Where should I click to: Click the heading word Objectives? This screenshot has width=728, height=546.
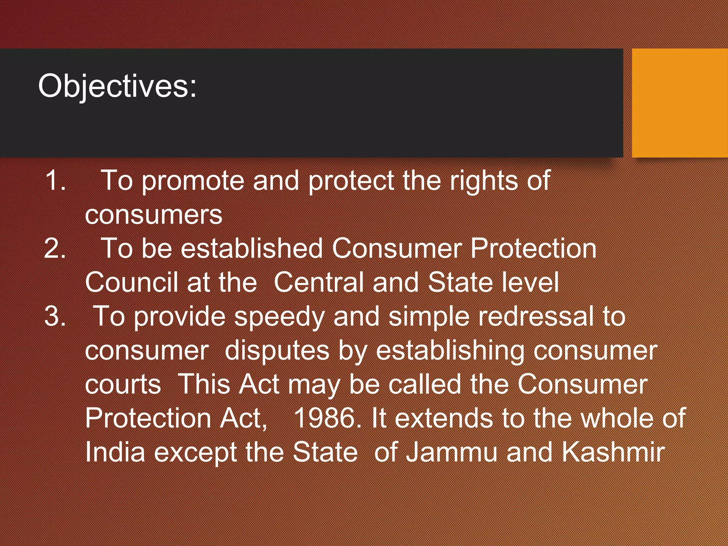(117, 86)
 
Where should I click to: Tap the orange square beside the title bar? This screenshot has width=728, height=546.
(680, 103)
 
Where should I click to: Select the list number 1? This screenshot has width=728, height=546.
(55, 181)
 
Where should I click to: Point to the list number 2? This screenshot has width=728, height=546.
(55, 248)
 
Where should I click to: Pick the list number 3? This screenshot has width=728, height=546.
(55, 316)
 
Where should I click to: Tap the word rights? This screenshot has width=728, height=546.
(484, 181)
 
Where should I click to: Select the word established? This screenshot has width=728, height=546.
(252, 248)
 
